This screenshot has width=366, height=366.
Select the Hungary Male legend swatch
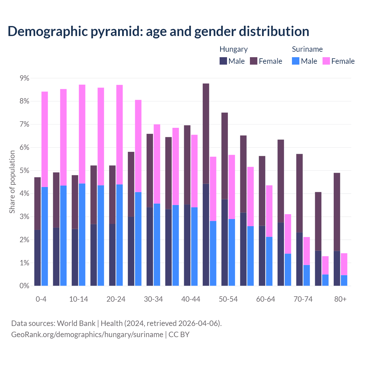(223, 61)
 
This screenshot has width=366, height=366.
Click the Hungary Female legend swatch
(254, 61)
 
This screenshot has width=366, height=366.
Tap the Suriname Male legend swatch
(296, 61)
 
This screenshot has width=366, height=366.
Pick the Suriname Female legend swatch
(326, 61)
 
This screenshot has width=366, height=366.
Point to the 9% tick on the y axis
(24, 78)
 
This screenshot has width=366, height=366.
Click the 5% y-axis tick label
(24, 170)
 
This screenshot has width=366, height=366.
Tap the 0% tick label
(24, 286)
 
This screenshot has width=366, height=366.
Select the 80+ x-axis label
(340, 299)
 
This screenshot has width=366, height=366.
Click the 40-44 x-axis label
(191, 299)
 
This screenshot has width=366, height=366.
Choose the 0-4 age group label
(41, 299)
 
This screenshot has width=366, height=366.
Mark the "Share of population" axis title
(12, 182)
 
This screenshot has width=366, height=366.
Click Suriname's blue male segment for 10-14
(82, 234)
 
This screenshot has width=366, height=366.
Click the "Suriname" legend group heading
(307, 49)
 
